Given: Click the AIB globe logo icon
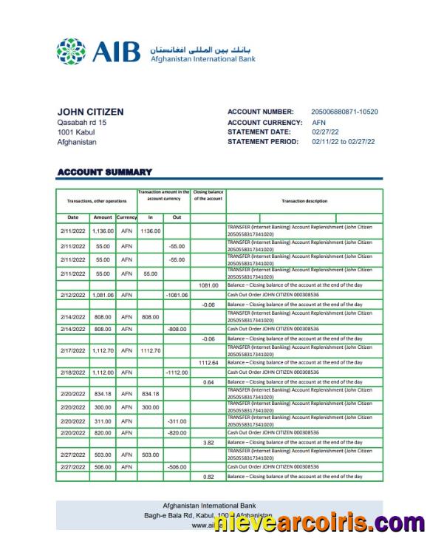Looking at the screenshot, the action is [x=72, y=52].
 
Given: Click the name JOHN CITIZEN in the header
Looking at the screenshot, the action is [x=90, y=112].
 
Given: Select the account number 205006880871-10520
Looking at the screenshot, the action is [x=344, y=112].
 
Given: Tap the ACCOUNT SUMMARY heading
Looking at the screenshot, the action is [x=104, y=172].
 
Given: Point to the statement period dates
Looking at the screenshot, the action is [x=343, y=142].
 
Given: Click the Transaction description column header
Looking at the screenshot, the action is [x=304, y=201].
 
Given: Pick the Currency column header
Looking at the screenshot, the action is [x=126, y=217].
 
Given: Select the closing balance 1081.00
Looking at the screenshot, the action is [x=208, y=285].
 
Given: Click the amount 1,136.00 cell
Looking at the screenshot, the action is [x=103, y=231].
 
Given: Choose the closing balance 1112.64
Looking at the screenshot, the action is [x=208, y=363].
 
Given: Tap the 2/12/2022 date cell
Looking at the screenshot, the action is [x=73, y=295].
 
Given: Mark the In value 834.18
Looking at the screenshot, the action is [x=151, y=393].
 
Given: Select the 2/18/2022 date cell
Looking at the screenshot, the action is [x=73, y=372].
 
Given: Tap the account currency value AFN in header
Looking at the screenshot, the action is [x=318, y=122].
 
